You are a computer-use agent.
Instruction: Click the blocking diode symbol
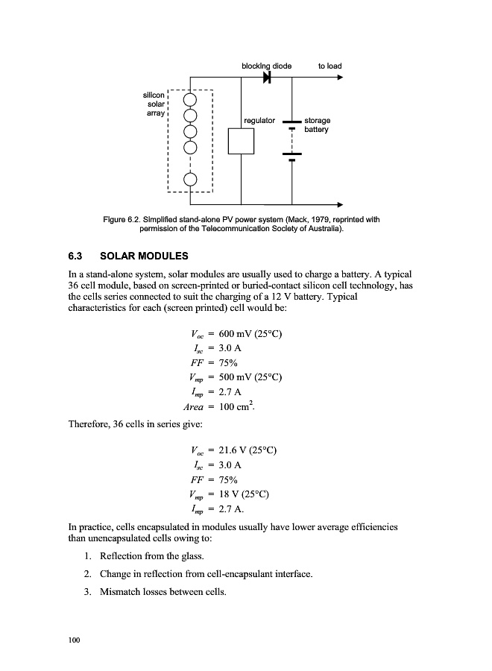[x=267, y=78]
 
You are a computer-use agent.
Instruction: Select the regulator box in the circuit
[x=242, y=141]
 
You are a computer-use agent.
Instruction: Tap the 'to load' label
[x=329, y=66]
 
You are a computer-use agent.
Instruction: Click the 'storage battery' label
[x=317, y=125]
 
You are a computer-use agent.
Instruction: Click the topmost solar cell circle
[x=191, y=99]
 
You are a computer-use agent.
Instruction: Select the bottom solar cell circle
[x=191, y=179]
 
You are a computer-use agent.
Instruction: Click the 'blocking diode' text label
[x=266, y=66]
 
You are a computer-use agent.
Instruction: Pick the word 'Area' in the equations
[x=195, y=407]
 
